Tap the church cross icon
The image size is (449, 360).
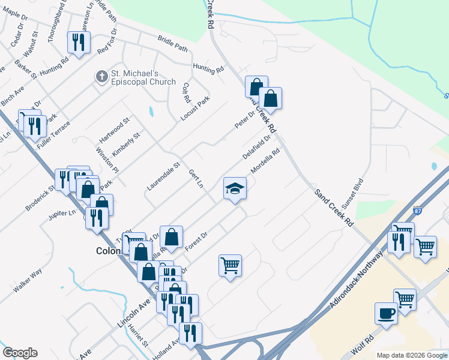point(101,76)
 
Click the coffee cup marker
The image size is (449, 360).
point(386,313)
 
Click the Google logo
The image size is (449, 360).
point(20,353)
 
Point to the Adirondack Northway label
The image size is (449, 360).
point(356,281)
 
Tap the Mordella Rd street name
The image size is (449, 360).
point(265,161)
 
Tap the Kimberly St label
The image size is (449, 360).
point(125,144)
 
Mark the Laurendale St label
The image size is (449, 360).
point(163,176)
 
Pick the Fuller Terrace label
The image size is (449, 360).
point(53,135)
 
